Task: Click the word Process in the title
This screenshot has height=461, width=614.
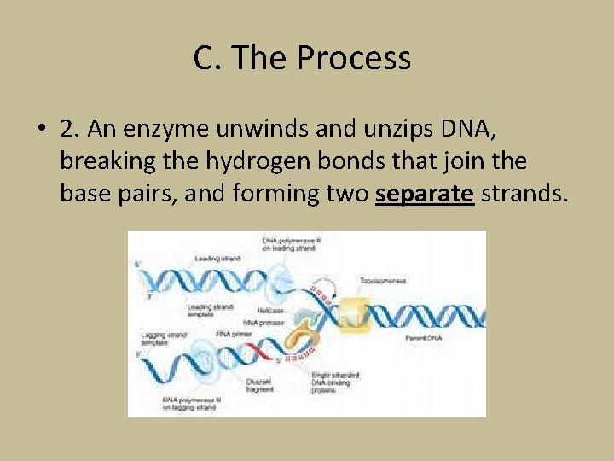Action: pos(354,59)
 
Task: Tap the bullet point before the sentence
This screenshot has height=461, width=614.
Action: pos(40,128)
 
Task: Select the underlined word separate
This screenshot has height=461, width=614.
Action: pos(424,194)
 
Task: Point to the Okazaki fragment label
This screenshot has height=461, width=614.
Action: pos(259,386)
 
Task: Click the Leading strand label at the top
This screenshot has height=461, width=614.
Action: pos(217,258)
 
